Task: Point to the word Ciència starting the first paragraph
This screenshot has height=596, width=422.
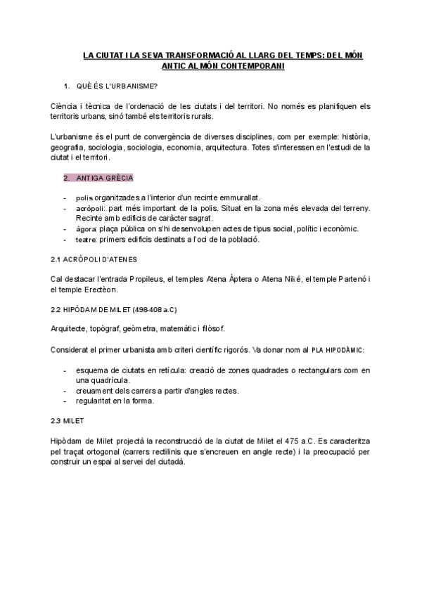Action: [66, 106]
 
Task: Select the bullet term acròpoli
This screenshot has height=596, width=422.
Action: [90, 209]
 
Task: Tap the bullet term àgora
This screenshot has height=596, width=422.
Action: [87, 229]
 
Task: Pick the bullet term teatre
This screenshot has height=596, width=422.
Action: [87, 240]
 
